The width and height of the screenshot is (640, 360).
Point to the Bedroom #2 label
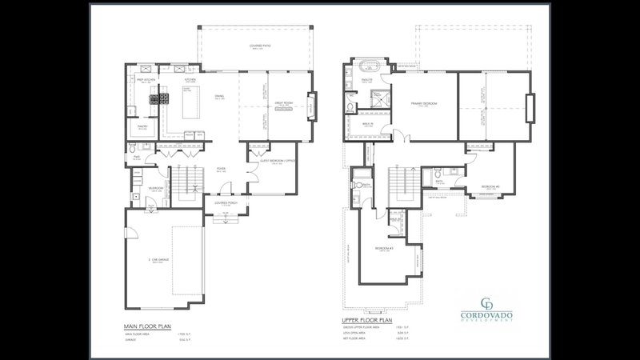pos(490,186)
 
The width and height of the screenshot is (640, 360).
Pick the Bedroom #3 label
pos(383,248)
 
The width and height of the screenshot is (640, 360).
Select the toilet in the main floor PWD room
pos(132,150)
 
